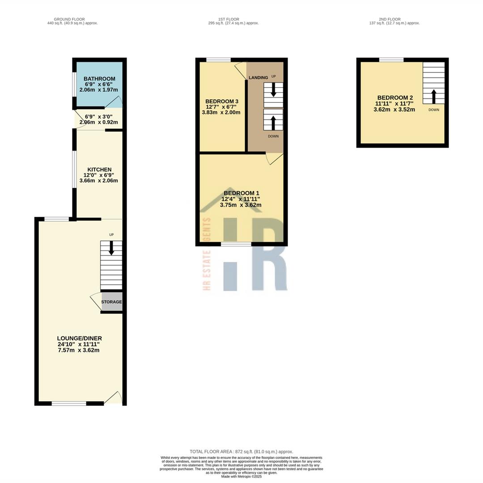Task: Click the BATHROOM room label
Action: click(99, 79)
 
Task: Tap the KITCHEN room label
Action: click(99, 169)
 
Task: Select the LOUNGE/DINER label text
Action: click(79, 338)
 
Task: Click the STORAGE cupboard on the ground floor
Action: click(111, 302)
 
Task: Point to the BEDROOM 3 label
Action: click(221, 102)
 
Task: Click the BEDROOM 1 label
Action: click(241, 193)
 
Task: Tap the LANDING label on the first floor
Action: click(258, 77)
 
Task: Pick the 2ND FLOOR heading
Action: click(390, 19)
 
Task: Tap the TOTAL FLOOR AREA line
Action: click(241, 452)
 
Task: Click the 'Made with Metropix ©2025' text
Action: click(241, 477)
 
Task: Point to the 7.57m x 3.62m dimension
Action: click(79, 350)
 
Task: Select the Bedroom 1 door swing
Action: click(274, 158)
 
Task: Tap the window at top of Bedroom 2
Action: click(391, 59)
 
